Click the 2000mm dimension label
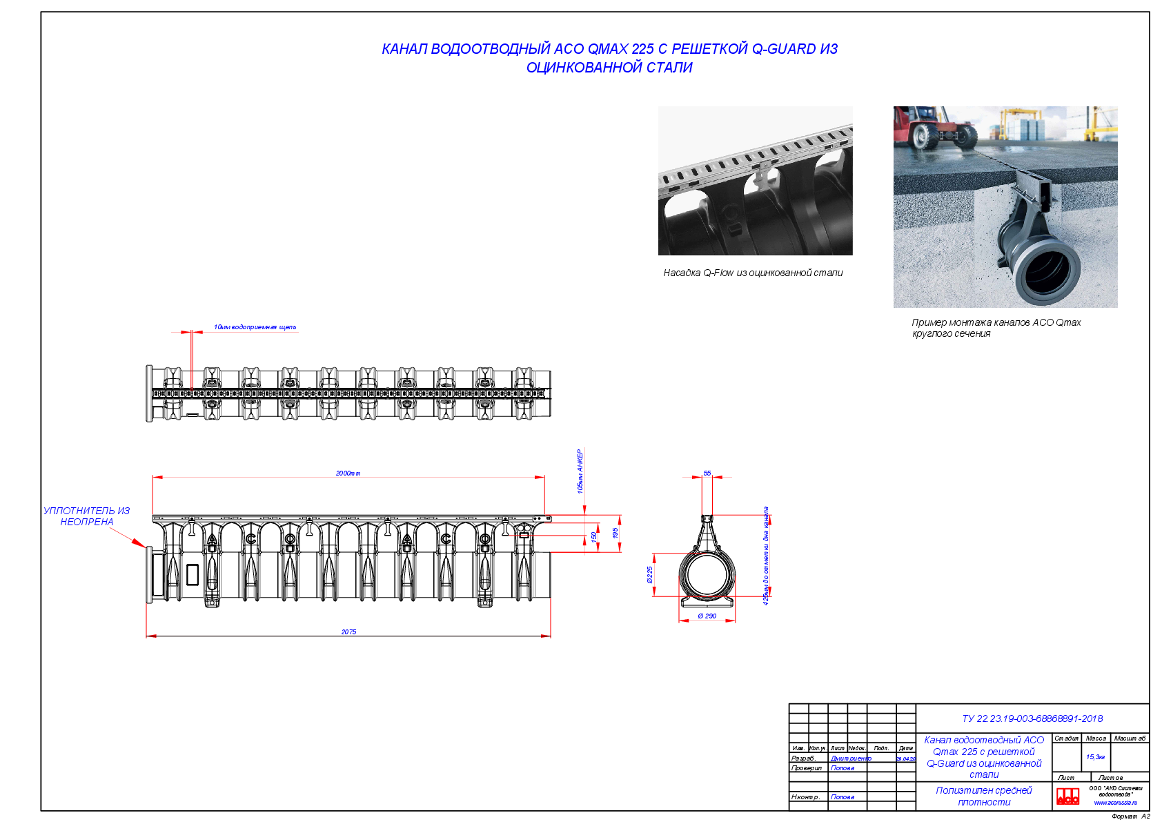coord(348,473)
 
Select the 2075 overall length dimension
coord(348,632)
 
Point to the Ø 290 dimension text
coord(707,616)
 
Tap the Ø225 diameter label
coord(649,575)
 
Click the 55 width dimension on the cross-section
coord(707,473)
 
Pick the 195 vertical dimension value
coord(616,534)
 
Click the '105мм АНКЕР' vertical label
coord(580,472)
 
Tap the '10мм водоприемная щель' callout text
coord(255,327)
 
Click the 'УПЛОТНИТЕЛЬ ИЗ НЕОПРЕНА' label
coord(86,516)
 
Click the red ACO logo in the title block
coord(1067,796)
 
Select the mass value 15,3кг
coord(1095,757)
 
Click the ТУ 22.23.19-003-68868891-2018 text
coord(1032,718)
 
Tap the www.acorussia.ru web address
coord(1115,803)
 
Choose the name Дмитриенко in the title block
coord(851,759)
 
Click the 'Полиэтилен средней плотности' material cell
coord(984,796)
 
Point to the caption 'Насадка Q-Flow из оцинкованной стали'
coord(753,273)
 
